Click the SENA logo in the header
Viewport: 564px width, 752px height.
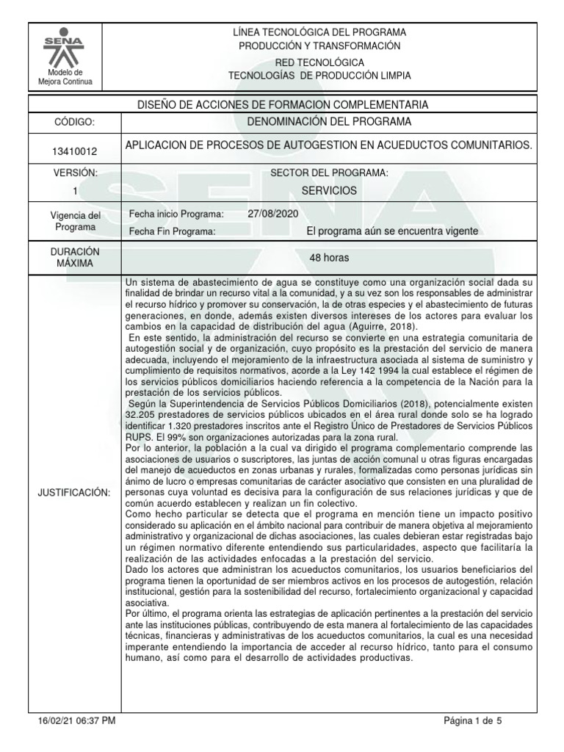point(65,48)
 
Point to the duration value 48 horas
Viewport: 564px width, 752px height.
point(328,258)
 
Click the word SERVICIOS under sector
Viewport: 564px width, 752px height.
point(328,190)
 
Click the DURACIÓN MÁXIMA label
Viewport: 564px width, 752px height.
point(73,257)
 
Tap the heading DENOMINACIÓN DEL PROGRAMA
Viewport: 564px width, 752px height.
point(328,121)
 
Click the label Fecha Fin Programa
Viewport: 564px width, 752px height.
point(172,231)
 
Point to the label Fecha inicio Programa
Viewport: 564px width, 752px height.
point(176,214)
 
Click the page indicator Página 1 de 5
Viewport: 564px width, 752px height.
point(473,721)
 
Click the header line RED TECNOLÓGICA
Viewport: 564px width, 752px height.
point(319,63)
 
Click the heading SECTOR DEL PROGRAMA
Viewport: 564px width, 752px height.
point(328,173)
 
